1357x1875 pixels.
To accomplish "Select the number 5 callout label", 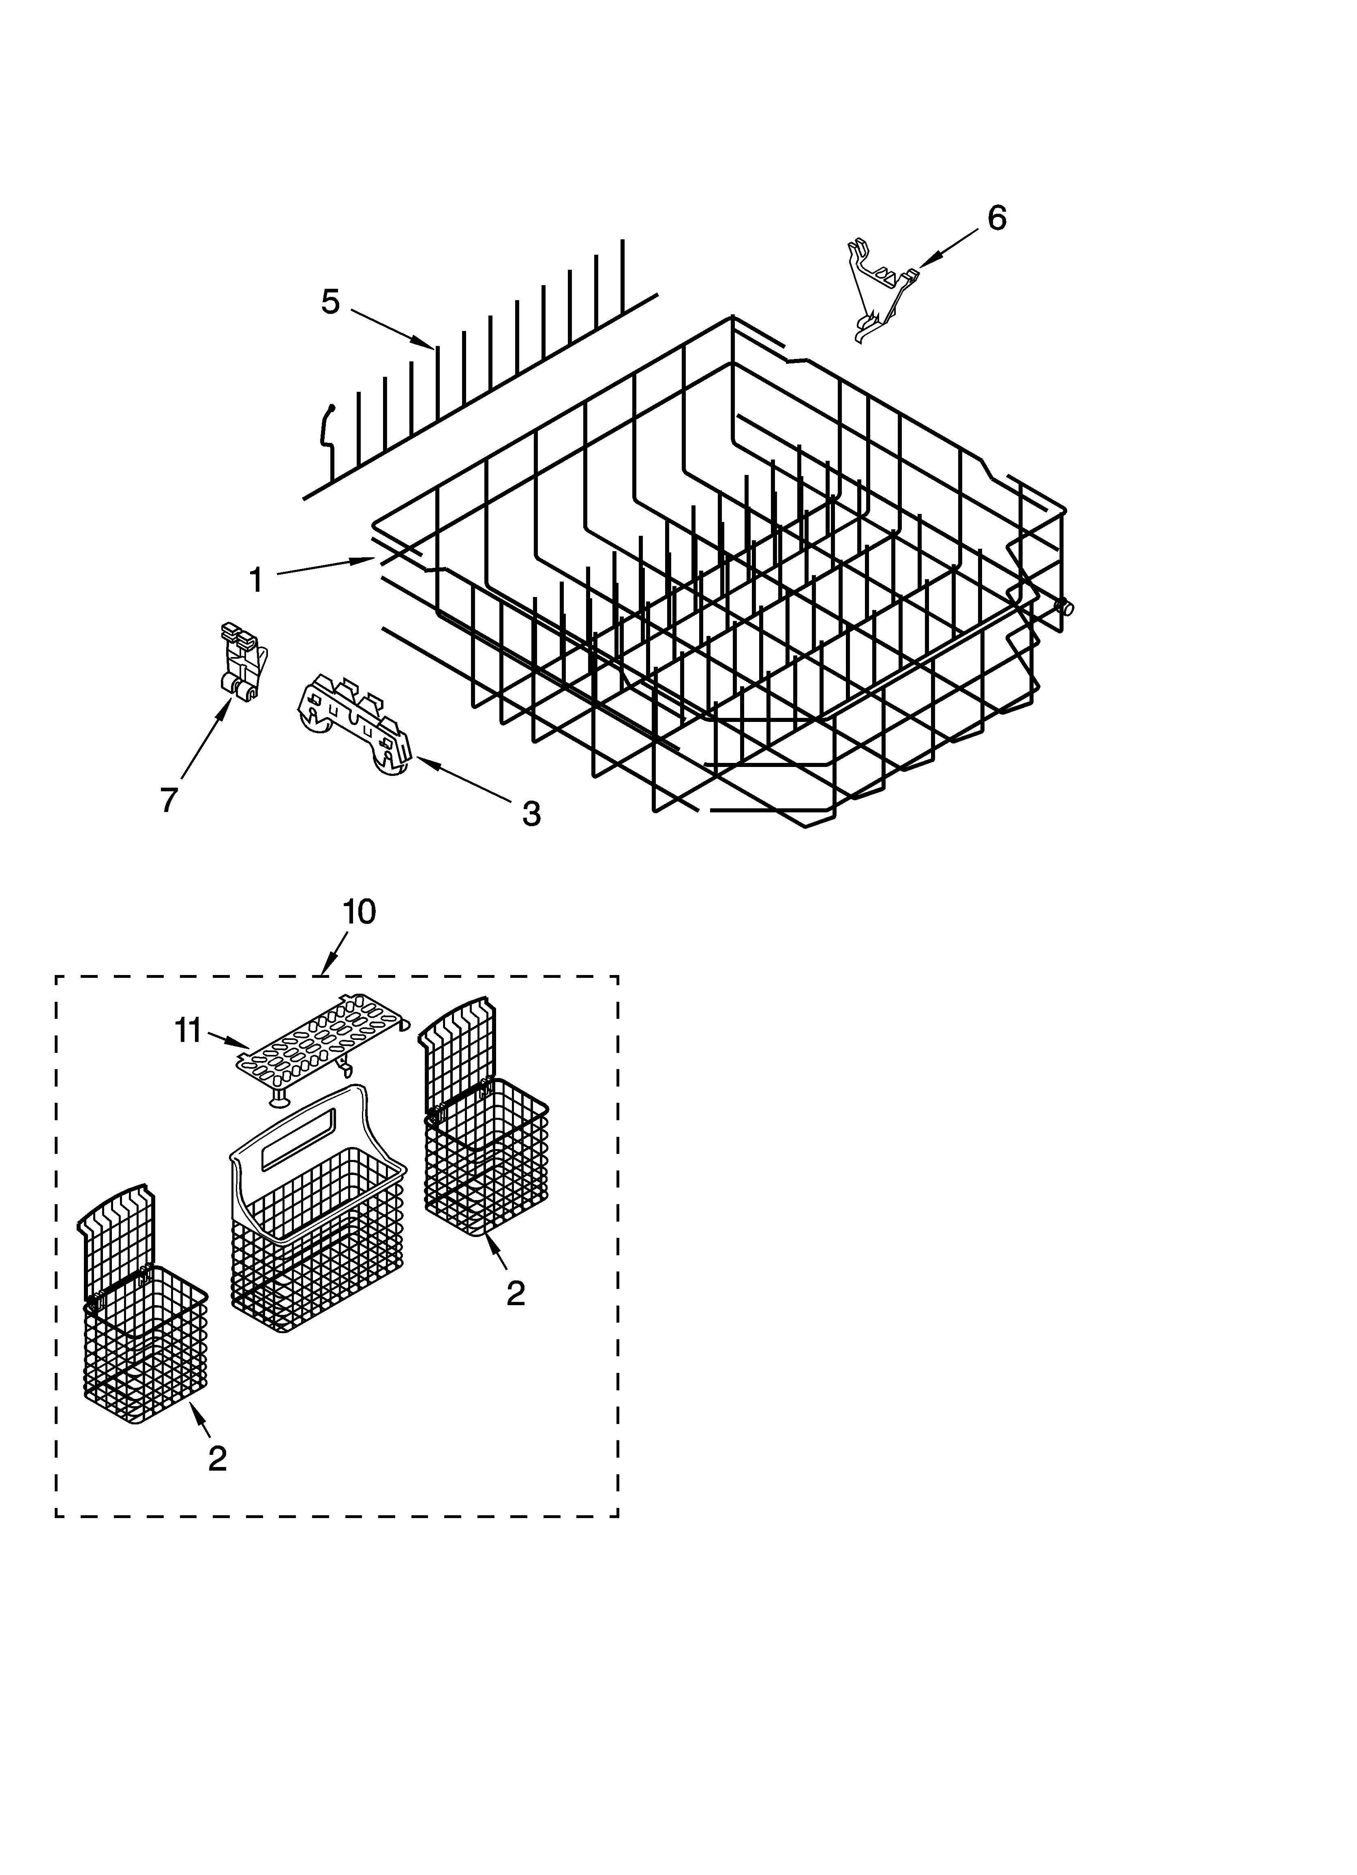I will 330,302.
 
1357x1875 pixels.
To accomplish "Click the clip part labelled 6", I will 880,289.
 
